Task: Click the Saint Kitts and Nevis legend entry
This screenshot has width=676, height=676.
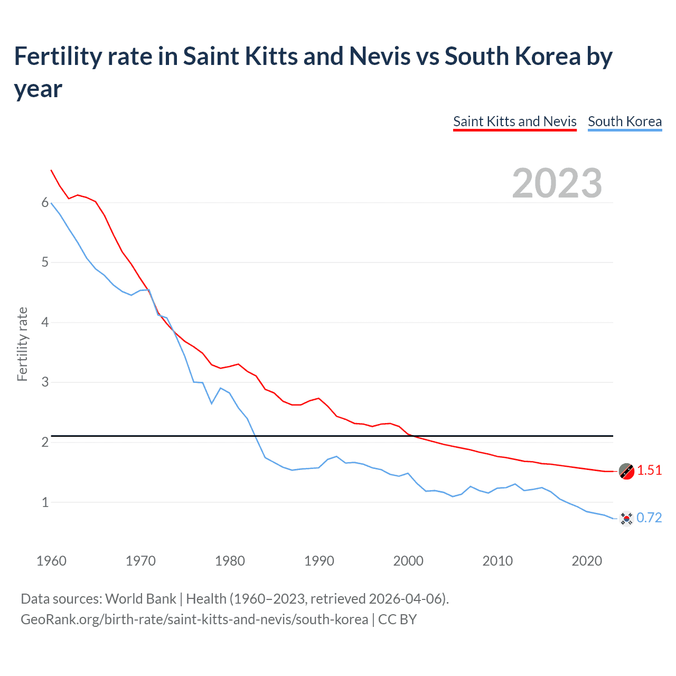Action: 514,121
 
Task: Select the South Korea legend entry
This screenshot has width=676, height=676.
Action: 624,121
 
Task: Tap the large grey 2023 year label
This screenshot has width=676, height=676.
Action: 557,183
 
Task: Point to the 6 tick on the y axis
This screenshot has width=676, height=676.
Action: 45,203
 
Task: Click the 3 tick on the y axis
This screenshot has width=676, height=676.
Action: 45,382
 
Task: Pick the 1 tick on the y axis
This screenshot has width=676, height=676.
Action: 45,502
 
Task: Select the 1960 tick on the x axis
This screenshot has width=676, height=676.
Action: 51,561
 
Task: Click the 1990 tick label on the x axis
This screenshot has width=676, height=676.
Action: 319,561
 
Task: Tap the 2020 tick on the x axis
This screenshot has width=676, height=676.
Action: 587,561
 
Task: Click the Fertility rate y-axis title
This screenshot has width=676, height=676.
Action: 22,344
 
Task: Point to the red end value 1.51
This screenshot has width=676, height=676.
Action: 649,470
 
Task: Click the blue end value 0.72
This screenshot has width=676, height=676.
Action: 649,518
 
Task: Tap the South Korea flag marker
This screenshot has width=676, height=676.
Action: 626,519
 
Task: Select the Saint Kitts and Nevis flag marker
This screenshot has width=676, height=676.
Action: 626,471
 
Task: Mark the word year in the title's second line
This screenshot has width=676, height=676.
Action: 38,89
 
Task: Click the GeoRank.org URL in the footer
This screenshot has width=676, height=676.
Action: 194,619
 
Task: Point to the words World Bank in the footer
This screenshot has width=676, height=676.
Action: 140,599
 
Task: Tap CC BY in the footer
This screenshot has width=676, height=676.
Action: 397,619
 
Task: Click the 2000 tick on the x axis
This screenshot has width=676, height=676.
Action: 408,561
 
